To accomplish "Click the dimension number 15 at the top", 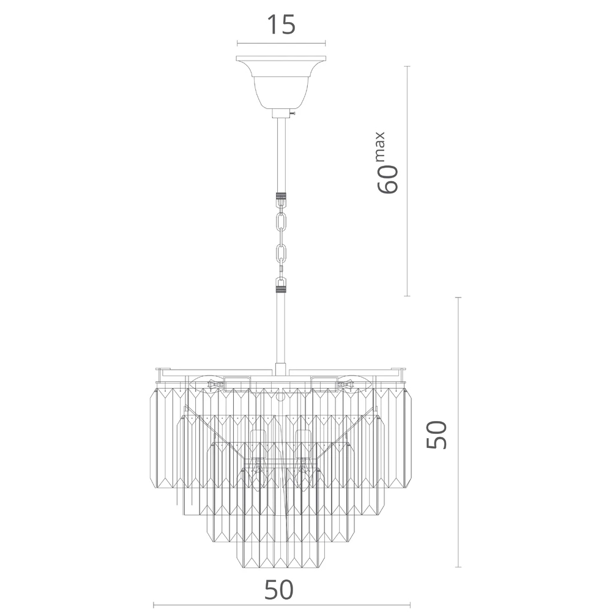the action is [281, 24].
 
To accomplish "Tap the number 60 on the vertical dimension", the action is [387, 179].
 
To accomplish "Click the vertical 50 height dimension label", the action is [436, 435].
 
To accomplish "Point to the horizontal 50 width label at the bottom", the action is [278, 590].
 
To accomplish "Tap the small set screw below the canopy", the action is [293, 113].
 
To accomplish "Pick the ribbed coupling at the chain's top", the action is [281, 196].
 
